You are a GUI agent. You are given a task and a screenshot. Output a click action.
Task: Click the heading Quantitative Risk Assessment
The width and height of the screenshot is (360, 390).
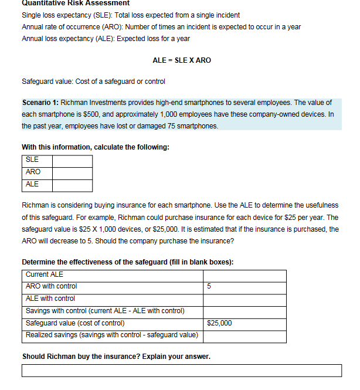(x=67, y=4)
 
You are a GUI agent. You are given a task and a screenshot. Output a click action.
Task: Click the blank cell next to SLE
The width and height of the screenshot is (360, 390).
(x=72, y=160)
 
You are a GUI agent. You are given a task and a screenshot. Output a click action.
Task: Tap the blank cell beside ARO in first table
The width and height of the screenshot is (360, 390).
(x=72, y=172)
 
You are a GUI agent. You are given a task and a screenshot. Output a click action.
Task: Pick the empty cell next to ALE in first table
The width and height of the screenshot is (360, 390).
(x=72, y=185)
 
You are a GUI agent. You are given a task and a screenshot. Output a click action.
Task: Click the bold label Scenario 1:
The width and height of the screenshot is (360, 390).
(x=39, y=103)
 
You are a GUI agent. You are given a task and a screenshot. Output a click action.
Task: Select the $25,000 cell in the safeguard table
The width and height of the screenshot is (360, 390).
(x=220, y=323)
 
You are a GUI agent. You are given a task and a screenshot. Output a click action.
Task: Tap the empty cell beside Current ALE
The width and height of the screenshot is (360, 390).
(x=244, y=274)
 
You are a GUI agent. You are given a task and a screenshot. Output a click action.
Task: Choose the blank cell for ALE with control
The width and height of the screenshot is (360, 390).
(x=244, y=299)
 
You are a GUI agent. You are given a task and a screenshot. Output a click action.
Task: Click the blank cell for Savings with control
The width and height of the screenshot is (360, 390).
(x=244, y=311)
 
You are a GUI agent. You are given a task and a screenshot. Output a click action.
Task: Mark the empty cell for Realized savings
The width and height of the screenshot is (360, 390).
(x=244, y=335)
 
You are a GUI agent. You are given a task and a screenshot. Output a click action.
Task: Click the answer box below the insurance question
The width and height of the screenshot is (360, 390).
(x=182, y=371)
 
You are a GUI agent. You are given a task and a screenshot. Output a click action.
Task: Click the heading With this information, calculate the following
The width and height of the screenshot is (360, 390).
(x=96, y=147)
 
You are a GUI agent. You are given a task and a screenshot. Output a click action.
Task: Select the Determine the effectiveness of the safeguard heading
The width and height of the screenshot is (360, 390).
(x=127, y=262)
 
